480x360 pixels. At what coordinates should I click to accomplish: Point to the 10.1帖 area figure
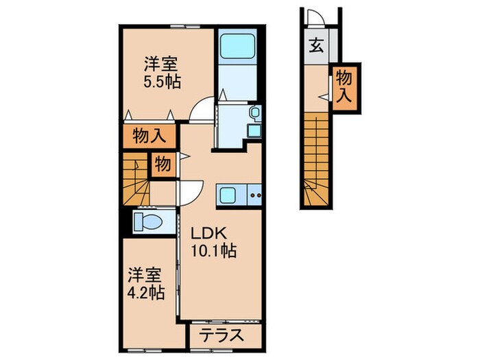point(214,251)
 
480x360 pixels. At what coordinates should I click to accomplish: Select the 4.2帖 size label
point(145,293)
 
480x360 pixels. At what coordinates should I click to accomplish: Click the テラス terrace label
point(223,336)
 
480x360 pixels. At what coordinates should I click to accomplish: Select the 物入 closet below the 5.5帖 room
point(149,134)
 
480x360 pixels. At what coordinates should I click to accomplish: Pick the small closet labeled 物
point(163,165)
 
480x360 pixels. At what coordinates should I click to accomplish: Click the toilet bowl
point(148,221)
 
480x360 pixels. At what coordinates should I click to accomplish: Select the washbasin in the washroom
point(254,114)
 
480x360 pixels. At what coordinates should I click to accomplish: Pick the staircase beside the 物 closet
point(136,178)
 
